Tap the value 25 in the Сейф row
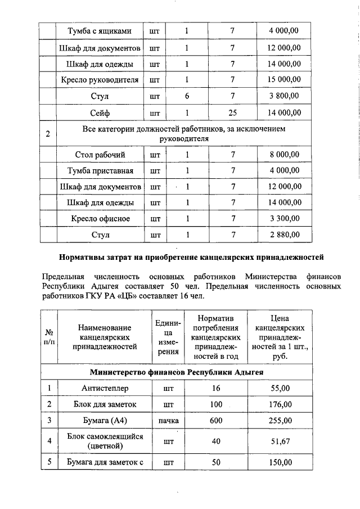232,113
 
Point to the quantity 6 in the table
187,96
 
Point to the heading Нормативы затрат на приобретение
192,258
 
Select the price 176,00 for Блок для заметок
281,404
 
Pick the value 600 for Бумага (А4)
216,420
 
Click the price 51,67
281,441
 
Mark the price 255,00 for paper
281,420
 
